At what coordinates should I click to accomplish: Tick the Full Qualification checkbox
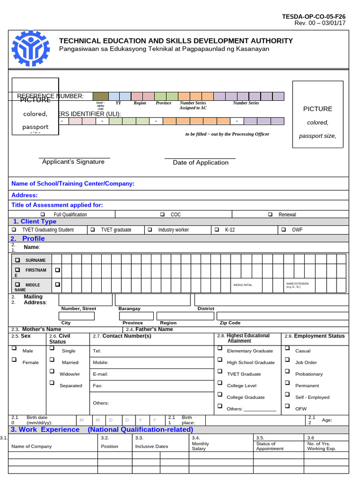point(42,214)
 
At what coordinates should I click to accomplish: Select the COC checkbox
point(162,214)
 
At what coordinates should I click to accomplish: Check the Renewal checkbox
point(270,214)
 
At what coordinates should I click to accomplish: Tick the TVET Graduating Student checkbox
point(14,230)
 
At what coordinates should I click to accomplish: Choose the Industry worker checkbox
point(150,230)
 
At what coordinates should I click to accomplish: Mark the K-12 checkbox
point(217,230)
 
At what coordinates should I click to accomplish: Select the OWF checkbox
point(284,230)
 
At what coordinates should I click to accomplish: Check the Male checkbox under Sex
point(14,348)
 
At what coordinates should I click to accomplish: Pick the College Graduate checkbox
point(219,395)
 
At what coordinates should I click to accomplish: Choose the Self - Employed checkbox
point(287,395)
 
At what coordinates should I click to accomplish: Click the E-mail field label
point(101,374)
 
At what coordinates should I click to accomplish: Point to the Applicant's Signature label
point(73,162)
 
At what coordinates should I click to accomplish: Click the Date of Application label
point(201,163)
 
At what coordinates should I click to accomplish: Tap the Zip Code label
point(230,323)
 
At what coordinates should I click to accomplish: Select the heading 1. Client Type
point(35,222)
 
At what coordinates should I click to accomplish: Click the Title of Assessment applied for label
point(57,205)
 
